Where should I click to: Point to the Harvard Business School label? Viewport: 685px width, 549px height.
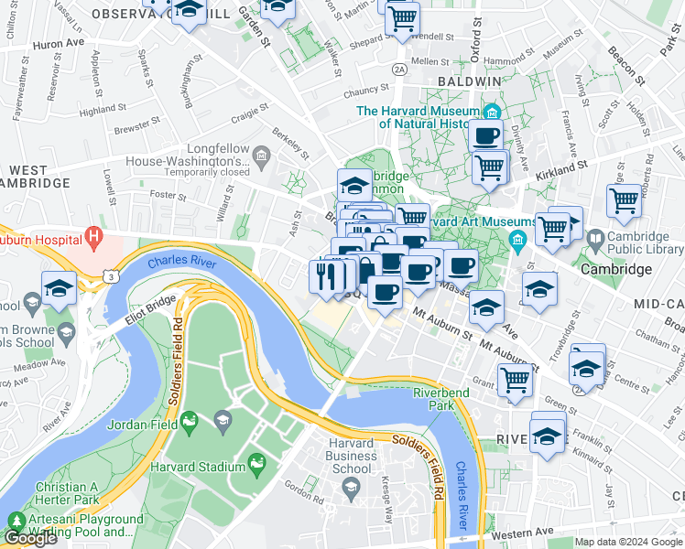click(x=351, y=456)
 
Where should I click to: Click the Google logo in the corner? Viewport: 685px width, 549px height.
click(x=30, y=538)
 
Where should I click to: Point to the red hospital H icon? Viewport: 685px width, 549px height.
click(x=93, y=239)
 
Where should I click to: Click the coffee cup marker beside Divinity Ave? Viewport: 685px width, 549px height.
click(x=485, y=135)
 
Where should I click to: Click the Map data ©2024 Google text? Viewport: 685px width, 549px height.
click(x=627, y=542)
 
